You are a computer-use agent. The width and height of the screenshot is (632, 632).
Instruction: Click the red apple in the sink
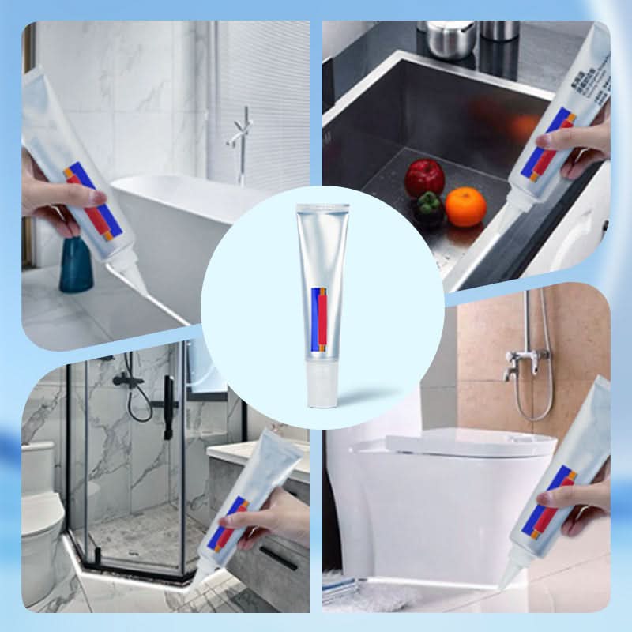tap(424, 177)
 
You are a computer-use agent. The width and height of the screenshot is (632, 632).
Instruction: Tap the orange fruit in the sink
tap(466, 207)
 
